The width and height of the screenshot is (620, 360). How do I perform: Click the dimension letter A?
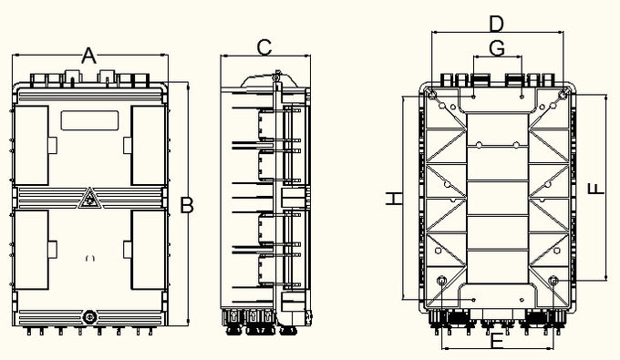coord(89,56)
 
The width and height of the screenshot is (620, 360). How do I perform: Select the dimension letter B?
coord(187,205)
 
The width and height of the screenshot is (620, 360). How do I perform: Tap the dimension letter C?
coord(264,47)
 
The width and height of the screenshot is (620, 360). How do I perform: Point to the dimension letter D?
coord(497,24)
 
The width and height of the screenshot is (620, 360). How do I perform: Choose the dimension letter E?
coord(497,341)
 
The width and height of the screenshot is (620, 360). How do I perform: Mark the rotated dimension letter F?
coord(596,189)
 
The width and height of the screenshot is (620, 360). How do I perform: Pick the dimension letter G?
coord(497,48)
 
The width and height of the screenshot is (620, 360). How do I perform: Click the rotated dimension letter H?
coord(394,199)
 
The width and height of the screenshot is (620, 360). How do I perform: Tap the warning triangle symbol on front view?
coord(90,198)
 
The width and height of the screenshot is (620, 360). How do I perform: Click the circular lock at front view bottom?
coord(89,317)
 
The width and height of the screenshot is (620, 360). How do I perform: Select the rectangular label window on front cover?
coord(89,120)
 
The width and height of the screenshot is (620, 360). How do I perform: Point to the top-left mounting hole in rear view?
coord(432,95)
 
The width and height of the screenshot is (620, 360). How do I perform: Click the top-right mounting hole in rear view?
coord(563,95)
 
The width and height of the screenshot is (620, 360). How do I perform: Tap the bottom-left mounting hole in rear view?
coord(441,281)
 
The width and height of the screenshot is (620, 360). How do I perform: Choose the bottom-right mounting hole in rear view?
coord(553,281)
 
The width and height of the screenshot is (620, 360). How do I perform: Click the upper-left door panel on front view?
coord(31,145)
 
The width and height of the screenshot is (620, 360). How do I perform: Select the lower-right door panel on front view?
coord(149,250)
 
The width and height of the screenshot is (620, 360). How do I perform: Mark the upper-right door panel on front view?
coord(149,145)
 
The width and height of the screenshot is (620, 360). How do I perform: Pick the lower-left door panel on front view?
coord(31,250)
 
